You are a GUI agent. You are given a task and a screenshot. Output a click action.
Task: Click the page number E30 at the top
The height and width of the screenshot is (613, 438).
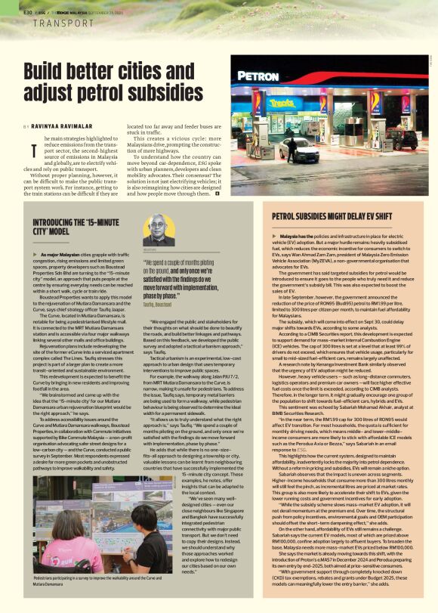[x=27, y=11]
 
